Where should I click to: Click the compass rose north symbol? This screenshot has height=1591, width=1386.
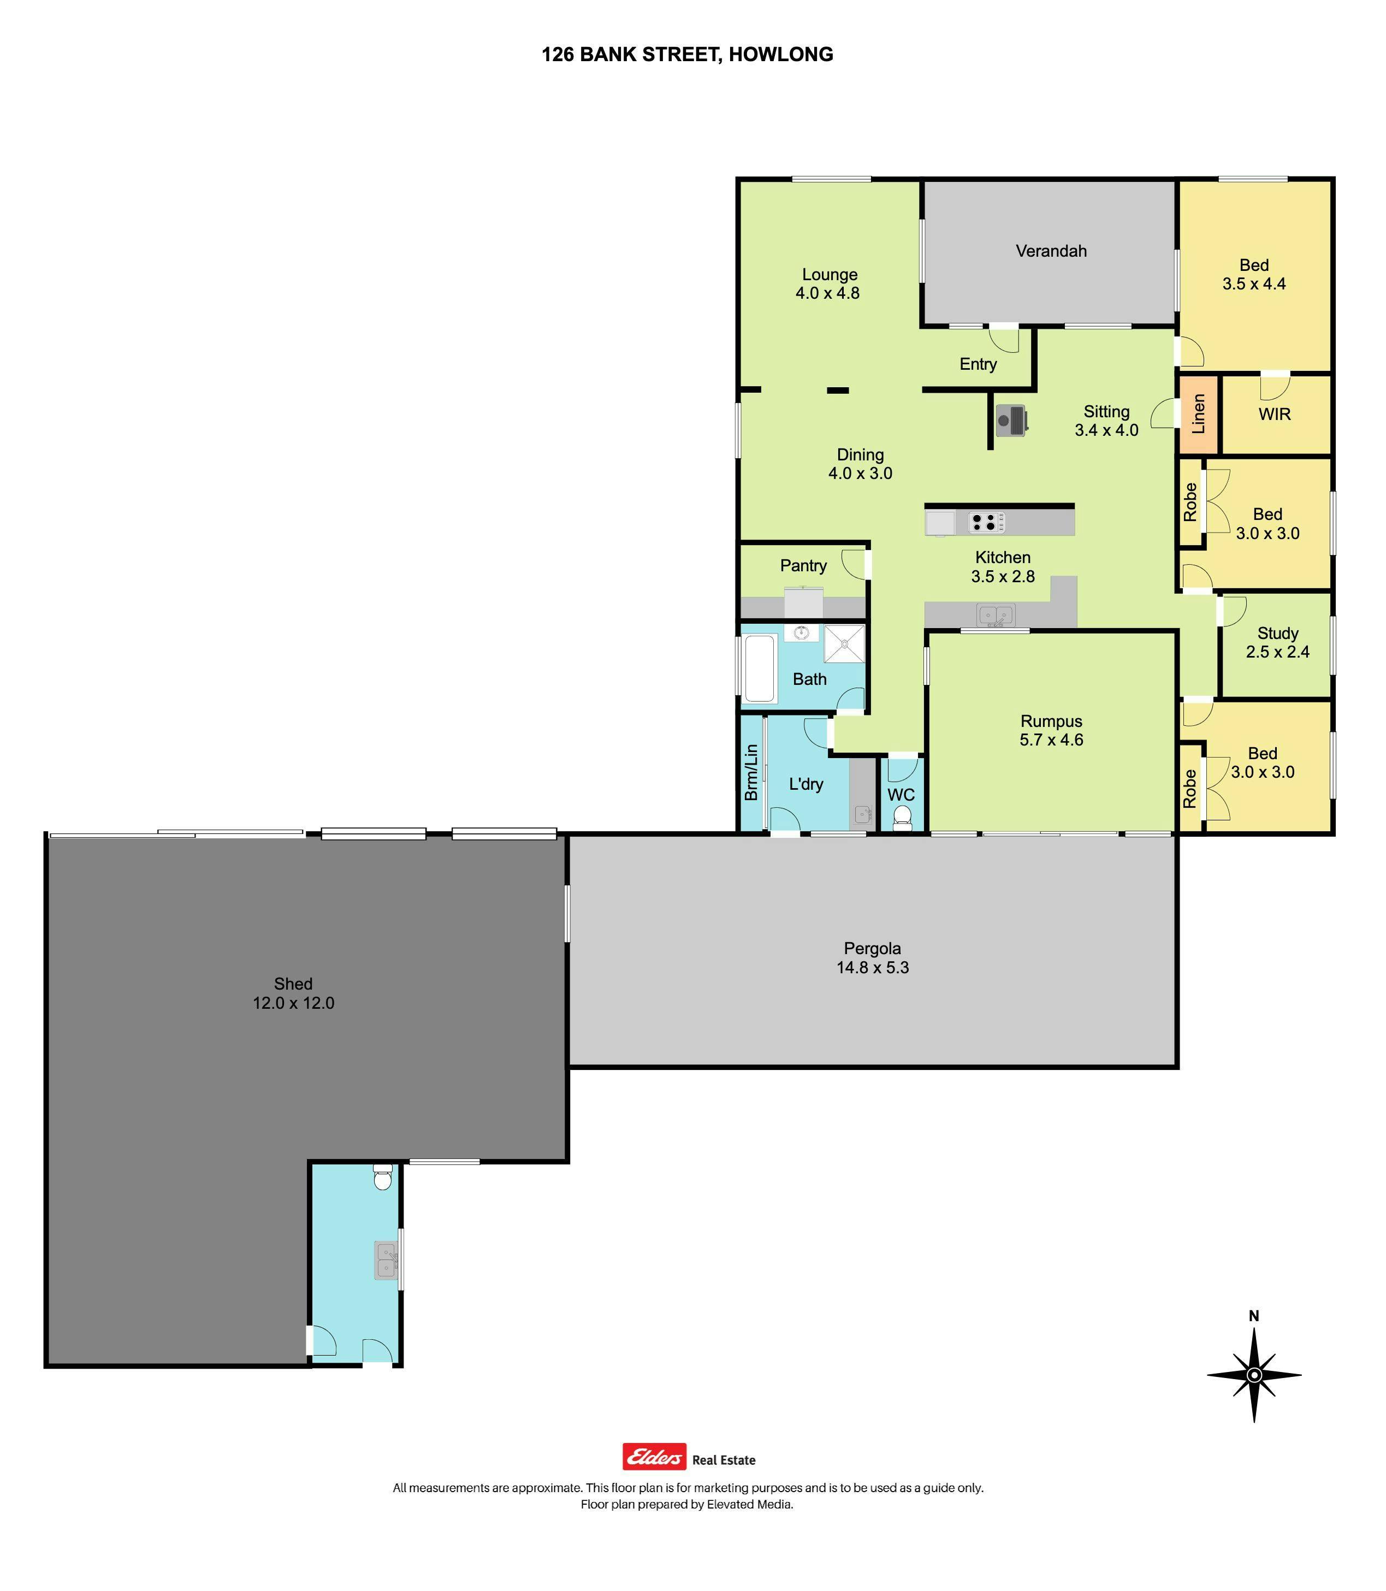click(1254, 1374)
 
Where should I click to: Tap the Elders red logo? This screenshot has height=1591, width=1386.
click(654, 1457)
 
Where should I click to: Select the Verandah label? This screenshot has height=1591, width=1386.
click(1051, 251)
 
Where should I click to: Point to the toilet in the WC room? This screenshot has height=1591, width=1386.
click(901, 818)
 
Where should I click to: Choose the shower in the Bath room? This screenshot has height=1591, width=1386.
click(844, 643)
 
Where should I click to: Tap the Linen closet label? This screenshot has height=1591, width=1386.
click(1198, 414)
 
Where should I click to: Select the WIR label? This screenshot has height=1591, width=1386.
click(1275, 415)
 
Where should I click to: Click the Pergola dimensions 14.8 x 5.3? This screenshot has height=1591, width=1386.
click(873, 968)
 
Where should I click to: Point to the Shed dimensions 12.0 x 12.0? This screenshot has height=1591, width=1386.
click(293, 1003)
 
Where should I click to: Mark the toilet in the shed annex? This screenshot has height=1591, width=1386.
click(383, 1176)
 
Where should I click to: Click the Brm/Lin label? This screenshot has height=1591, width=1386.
click(751, 773)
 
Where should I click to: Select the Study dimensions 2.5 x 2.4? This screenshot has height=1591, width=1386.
click(1278, 652)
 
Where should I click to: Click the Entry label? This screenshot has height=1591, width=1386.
click(979, 364)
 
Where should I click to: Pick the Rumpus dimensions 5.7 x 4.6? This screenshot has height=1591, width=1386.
click(1051, 740)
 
